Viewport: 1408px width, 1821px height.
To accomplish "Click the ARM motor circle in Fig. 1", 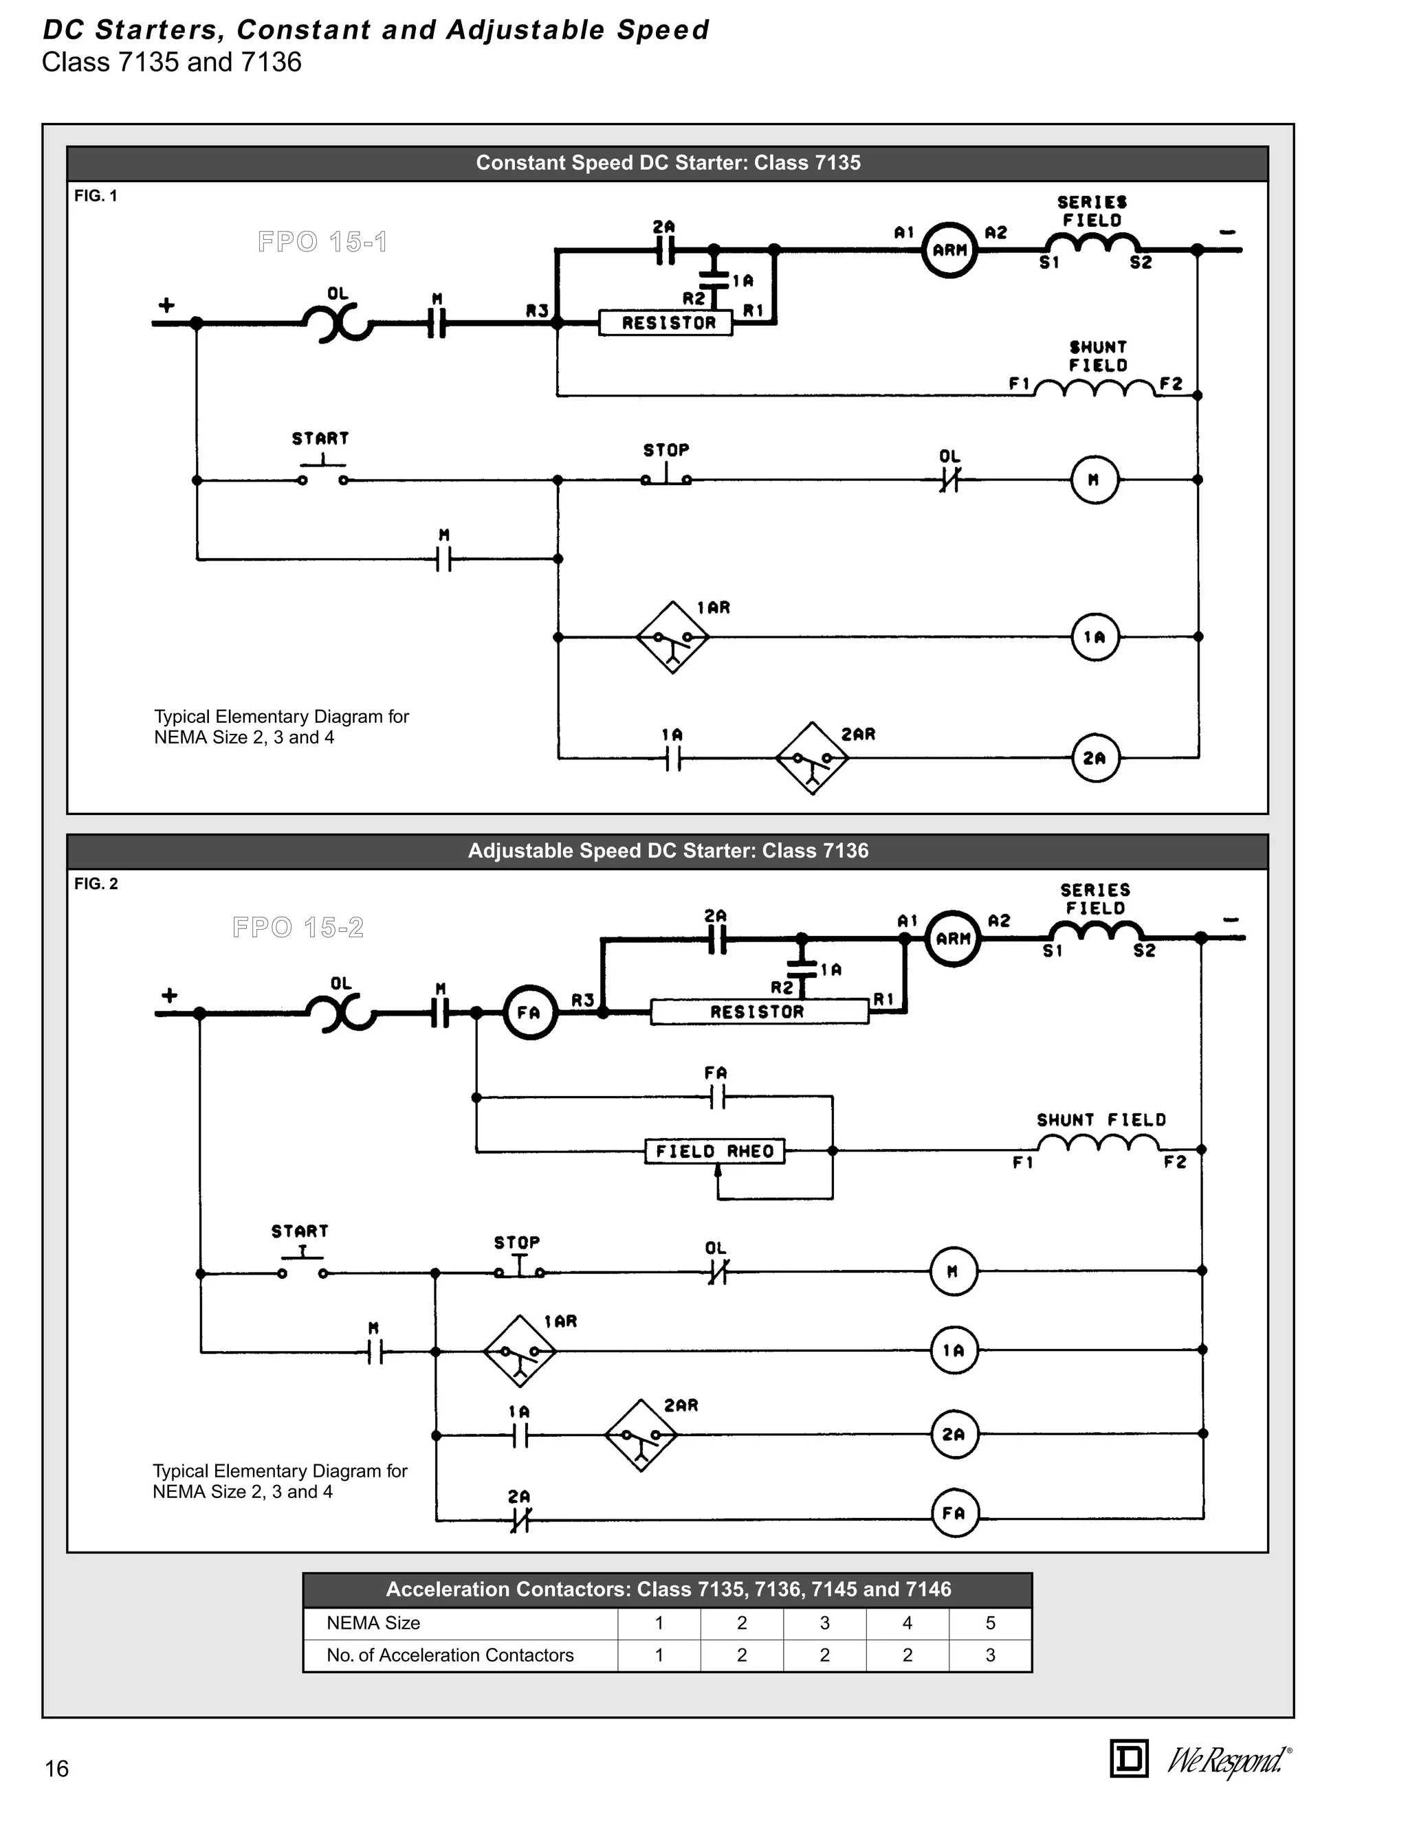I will pos(948,249).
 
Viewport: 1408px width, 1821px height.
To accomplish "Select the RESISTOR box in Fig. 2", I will pos(758,1012).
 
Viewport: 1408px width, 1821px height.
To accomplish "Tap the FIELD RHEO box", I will pos(715,1152).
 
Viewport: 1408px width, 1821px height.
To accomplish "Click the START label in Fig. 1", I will pos(320,438).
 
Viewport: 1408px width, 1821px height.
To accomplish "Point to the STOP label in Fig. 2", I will pos(516,1242).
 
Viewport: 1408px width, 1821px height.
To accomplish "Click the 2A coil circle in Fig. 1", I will pos(1094,758).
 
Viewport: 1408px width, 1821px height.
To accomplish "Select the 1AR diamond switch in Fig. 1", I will pos(672,638).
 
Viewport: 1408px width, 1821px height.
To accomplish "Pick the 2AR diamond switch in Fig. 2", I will pos(641,1435).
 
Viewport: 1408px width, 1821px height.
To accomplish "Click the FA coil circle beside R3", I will pos(529,1013).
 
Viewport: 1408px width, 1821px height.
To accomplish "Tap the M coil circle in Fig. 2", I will pos(953,1271).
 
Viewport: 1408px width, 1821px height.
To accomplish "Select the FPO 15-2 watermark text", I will pos(298,927).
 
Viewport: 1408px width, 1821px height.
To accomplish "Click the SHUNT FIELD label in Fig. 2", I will pos(1101,1120).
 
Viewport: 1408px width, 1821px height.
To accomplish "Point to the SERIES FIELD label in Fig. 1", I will pos(1092,211).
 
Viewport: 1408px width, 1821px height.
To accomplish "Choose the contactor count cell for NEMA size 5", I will pos(990,1655).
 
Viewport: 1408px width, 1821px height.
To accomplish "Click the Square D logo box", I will pos(1130,1759).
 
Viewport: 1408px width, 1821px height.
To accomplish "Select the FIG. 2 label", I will pos(96,884).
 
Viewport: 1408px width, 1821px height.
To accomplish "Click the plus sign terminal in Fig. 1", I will pos(167,304).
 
